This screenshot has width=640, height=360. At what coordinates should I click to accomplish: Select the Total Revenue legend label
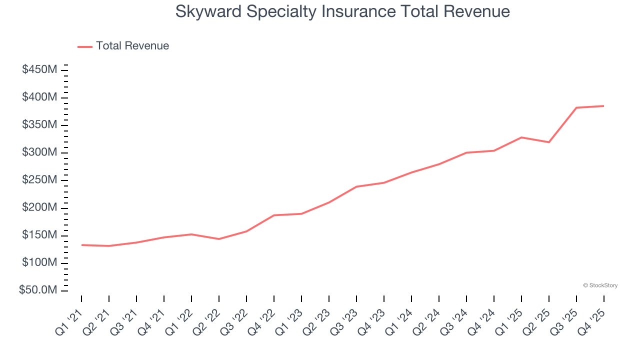132,46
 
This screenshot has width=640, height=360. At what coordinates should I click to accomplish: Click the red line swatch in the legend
85,46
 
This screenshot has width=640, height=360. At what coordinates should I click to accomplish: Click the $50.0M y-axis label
38,290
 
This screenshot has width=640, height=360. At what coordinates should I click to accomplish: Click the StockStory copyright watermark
600,285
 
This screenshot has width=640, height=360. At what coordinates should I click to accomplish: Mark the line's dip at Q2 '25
549,142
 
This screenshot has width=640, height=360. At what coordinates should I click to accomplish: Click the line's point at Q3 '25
576,107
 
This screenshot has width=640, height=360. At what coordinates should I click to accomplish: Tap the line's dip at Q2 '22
219,239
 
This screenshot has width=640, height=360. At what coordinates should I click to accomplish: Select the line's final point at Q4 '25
603,106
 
